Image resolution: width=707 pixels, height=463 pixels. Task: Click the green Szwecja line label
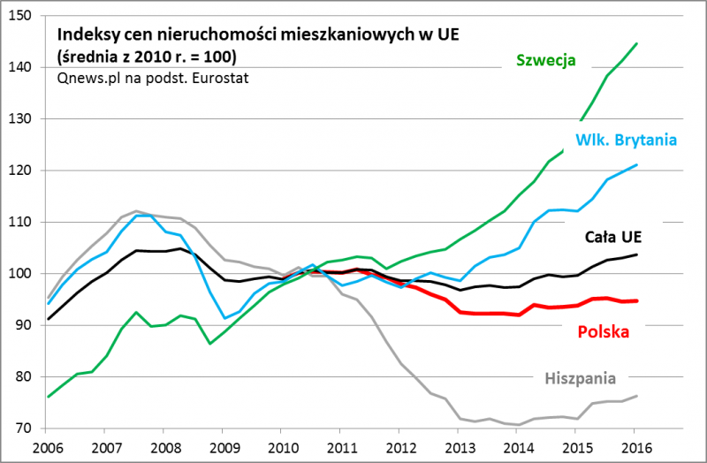point(546,61)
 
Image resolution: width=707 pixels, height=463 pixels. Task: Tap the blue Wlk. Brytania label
point(626,140)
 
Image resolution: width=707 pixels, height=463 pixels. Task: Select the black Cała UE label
point(613,237)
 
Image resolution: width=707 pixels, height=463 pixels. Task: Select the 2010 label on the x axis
point(283,448)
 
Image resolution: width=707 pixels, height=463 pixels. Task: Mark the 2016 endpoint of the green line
point(637,43)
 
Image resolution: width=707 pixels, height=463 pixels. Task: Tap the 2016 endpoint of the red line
point(637,300)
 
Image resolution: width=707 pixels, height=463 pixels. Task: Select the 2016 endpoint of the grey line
point(637,396)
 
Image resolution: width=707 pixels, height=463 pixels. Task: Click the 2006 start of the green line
point(48,397)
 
